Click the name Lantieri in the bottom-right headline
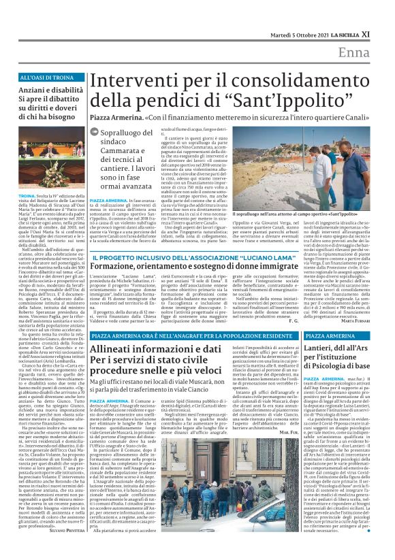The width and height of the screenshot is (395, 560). coord(323,348)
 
